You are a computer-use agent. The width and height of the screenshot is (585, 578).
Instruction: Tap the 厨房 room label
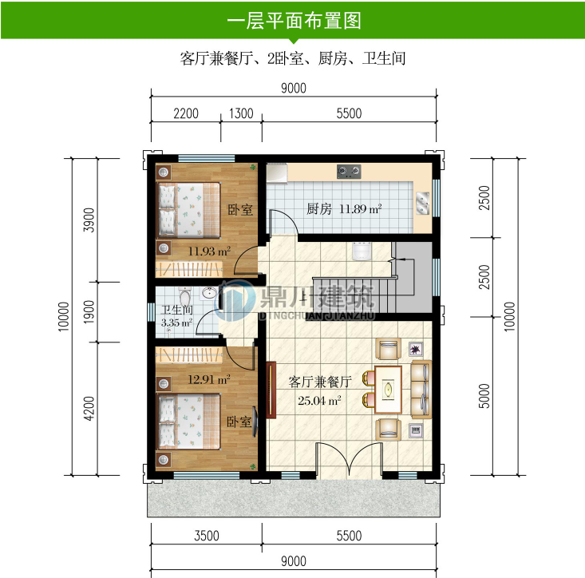click(x=318, y=209)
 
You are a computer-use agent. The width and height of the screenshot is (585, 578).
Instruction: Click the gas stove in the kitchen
click(x=349, y=170)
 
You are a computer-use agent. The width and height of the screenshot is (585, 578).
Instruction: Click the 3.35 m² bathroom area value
click(x=176, y=323)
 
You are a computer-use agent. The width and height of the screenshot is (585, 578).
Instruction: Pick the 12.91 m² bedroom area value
click(x=209, y=379)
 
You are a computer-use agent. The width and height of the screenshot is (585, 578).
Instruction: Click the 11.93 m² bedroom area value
click(x=209, y=251)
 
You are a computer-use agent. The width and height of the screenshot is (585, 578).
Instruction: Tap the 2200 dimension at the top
click(x=185, y=113)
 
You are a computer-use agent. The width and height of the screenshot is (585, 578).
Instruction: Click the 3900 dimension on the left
click(x=89, y=220)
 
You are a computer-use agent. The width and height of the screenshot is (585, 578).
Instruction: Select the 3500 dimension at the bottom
click(x=206, y=536)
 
